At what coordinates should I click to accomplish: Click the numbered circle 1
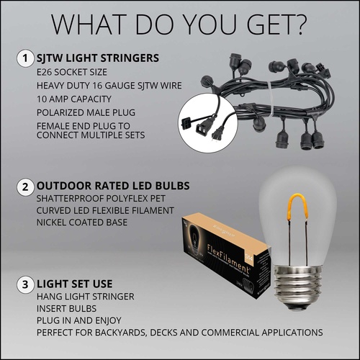click(x=25, y=58)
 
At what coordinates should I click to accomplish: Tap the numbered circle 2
click(x=25, y=186)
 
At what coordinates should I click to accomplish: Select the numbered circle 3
click(x=25, y=284)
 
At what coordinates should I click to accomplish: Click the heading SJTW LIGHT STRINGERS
click(x=98, y=58)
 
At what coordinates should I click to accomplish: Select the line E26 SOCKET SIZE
click(x=72, y=72)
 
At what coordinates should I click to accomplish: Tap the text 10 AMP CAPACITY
click(x=74, y=99)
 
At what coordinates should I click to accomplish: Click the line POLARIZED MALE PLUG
click(x=86, y=112)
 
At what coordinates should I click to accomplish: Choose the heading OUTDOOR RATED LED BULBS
click(x=113, y=186)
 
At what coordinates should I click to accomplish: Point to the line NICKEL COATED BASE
click(x=82, y=222)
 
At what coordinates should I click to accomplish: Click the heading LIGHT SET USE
click(x=74, y=284)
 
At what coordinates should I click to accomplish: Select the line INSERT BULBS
click(x=66, y=309)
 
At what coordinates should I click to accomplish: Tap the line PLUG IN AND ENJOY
click(x=79, y=320)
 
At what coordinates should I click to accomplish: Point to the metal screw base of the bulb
click(x=297, y=285)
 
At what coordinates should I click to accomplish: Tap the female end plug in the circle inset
click(x=201, y=127)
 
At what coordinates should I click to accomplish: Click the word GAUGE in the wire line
click(x=119, y=86)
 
